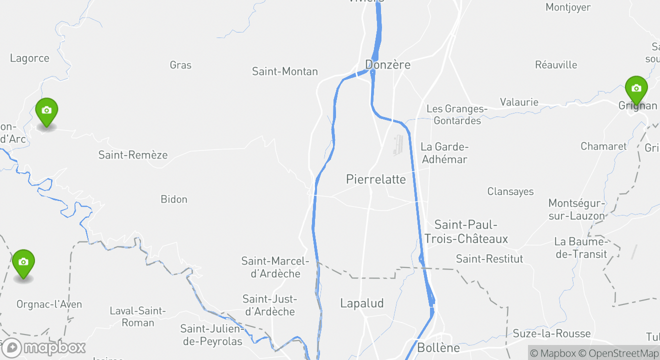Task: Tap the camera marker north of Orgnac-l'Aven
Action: pos(23,262)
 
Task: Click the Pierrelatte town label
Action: pos(376,179)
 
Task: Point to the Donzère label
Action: pos(387,64)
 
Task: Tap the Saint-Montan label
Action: pos(284,71)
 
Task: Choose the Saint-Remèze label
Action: pos(133,155)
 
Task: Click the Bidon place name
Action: pos(174,199)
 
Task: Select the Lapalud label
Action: pos(362,303)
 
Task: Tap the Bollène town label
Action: pos(438,347)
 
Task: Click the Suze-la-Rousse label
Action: pos(551,333)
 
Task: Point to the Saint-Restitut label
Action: pos(489,259)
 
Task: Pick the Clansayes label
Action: pos(510,191)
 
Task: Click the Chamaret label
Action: pos(603,146)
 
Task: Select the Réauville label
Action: pos(556,65)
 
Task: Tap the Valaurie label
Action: pos(519,102)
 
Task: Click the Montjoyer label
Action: pos(568,7)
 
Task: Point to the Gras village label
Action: pos(180,65)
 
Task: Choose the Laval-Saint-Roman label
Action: pos(137,316)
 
